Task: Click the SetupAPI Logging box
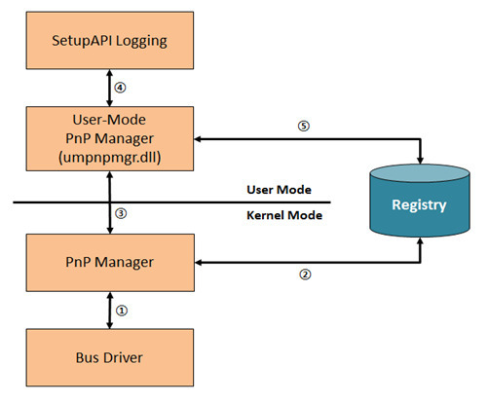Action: click(110, 40)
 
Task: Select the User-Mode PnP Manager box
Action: click(110, 138)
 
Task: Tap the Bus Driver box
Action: click(110, 357)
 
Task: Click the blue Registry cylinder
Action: click(420, 201)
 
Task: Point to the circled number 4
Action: click(120, 88)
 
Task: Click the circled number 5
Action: click(304, 126)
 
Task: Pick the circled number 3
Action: click(121, 213)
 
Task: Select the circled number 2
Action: click(305, 275)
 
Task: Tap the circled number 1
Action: click(122, 311)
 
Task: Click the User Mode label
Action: click(279, 190)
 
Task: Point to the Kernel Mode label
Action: click(284, 215)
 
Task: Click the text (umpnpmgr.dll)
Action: click(110, 158)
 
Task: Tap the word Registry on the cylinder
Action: click(419, 205)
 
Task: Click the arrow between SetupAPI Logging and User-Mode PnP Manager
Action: click(110, 88)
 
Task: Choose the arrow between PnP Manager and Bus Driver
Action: click(110, 311)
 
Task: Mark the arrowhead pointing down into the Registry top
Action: click(420, 160)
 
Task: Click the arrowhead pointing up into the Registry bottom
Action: click(420, 241)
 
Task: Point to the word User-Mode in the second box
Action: click(109, 120)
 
